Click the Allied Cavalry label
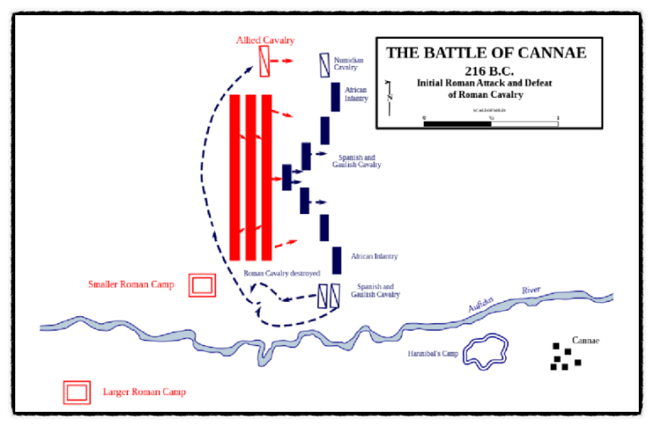[x=265, y=40]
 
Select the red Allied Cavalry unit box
[x=265, y=60]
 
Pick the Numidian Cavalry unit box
[x=323, y=64]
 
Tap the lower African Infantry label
[x=374, y=255]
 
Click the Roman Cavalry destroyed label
[x=282, y=273]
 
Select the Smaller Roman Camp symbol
[x=202, y=285]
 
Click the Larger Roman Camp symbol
[x=77, y=392]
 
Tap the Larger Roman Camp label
[x=144, y=392]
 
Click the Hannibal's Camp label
[x=431, y=353]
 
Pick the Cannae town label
[x=585, y=341]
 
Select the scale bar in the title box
[x=491, y=123]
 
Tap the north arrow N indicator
[x=388, y=91]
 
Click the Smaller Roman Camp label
[x=131, y=285]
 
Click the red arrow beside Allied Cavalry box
[x=287, y=61]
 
